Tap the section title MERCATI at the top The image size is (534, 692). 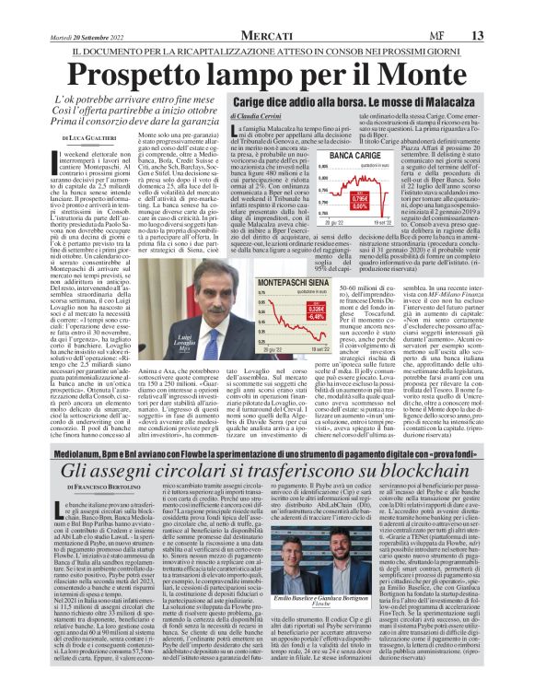click(x=267, y=9)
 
